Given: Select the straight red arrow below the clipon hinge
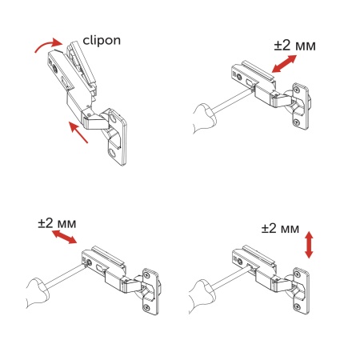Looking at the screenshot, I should pos(78,129).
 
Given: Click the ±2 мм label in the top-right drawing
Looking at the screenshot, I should pos(294,46).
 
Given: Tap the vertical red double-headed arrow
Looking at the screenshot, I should pos(310,243).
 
